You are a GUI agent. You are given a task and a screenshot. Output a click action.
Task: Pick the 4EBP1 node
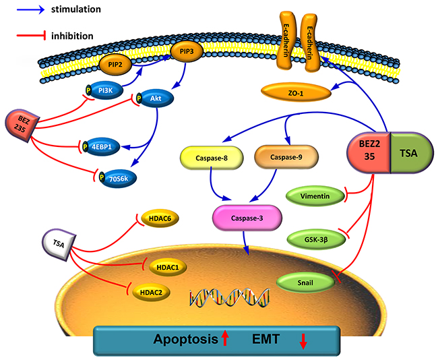(x=102, y=146)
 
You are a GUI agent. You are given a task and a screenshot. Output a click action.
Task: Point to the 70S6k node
(x=118, y=177)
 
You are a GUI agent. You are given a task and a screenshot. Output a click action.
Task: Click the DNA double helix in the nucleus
(x=221, y=296)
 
